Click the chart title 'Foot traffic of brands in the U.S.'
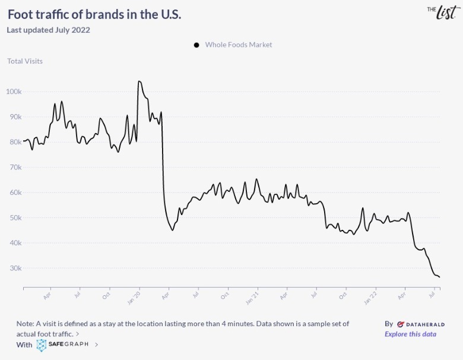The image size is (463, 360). click(x=94, y=14)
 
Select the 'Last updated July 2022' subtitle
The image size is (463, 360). click(x=48, y=30)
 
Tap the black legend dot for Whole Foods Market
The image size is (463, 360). click(x=196, y=45)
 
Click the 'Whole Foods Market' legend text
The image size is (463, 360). click(x=239, y=45)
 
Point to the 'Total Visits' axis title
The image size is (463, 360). click(x=25, y=61)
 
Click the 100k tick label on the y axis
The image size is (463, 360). click(x=14, y=92)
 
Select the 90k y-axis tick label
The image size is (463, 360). click(x=14, y=117)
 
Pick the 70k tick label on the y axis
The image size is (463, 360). click(x=14, y=168)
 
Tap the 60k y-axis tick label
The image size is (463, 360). click(x=14, y=192)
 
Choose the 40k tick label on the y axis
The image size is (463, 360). click(x=14, y=243)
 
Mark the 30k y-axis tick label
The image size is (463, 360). click(x=14, y=268)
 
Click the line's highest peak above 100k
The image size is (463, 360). click(x=139, y=81)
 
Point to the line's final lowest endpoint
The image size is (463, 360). click(x=439, y=277)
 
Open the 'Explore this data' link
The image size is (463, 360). click(x=410, y=334)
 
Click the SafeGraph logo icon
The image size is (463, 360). click(x=42, y=345)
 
